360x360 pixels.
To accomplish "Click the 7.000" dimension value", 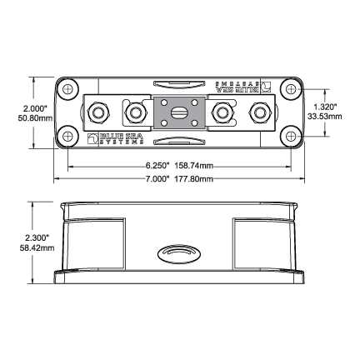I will click(157, 178).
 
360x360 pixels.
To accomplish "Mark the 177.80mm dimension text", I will click(197, 178).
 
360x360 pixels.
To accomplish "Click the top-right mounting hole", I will click(289, 87).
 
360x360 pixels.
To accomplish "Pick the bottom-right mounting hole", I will click(289, 136).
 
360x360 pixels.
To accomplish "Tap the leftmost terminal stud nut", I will click(98, 111).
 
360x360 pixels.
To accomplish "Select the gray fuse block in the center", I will click(178, 111).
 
